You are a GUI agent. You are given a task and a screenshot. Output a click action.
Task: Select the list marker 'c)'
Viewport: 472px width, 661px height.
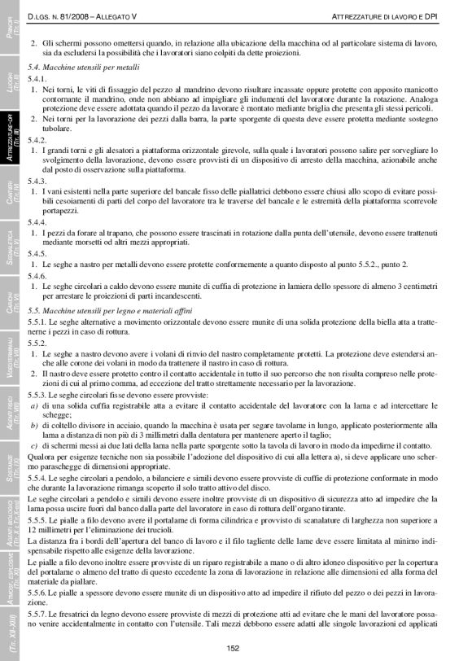(33, 446)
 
